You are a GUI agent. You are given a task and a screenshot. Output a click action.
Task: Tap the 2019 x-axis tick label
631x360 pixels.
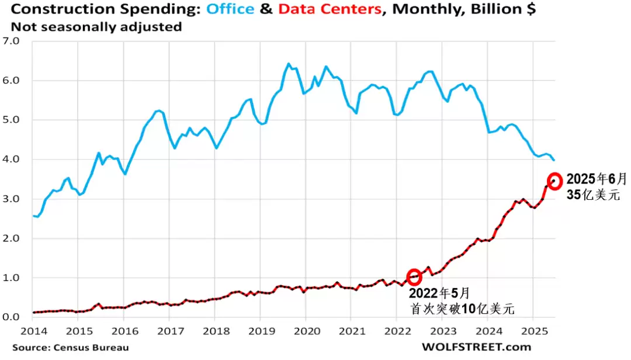pos(259,331)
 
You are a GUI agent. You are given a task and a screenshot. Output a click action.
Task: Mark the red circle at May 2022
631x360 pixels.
pos(414,277)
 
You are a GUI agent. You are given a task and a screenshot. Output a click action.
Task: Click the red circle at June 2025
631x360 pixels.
pos(554,180)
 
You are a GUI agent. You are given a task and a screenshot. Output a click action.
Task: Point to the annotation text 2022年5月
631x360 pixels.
pos(439,293)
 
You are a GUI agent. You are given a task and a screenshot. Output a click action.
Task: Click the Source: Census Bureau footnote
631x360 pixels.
pos(70,348)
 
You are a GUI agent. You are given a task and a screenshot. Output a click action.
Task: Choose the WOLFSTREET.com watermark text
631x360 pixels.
pos(476,347)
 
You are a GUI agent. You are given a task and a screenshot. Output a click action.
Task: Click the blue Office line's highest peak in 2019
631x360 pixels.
pos(289,64)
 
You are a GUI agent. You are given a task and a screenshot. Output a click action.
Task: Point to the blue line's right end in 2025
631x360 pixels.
pos(554,160)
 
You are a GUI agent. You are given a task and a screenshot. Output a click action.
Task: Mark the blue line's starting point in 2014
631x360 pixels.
pos(33,216)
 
